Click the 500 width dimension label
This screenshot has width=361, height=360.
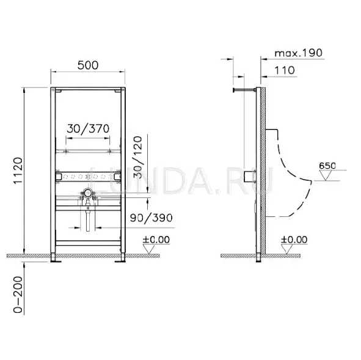pos(88,64)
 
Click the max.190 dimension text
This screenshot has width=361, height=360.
pos(298,53)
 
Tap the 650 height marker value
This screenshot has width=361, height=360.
pos(327,164)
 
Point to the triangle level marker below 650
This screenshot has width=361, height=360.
pos(326,175)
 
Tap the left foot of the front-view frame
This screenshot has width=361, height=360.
pos(56,259)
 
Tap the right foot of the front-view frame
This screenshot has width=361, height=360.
pos(122,259)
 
